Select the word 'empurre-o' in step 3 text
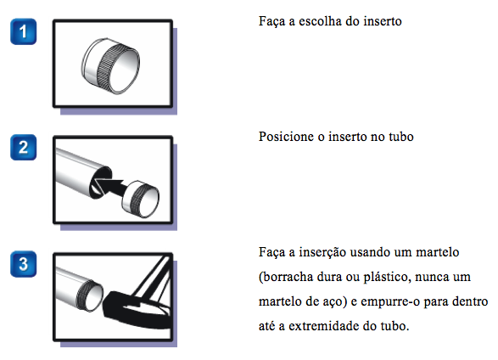point(400,301)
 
